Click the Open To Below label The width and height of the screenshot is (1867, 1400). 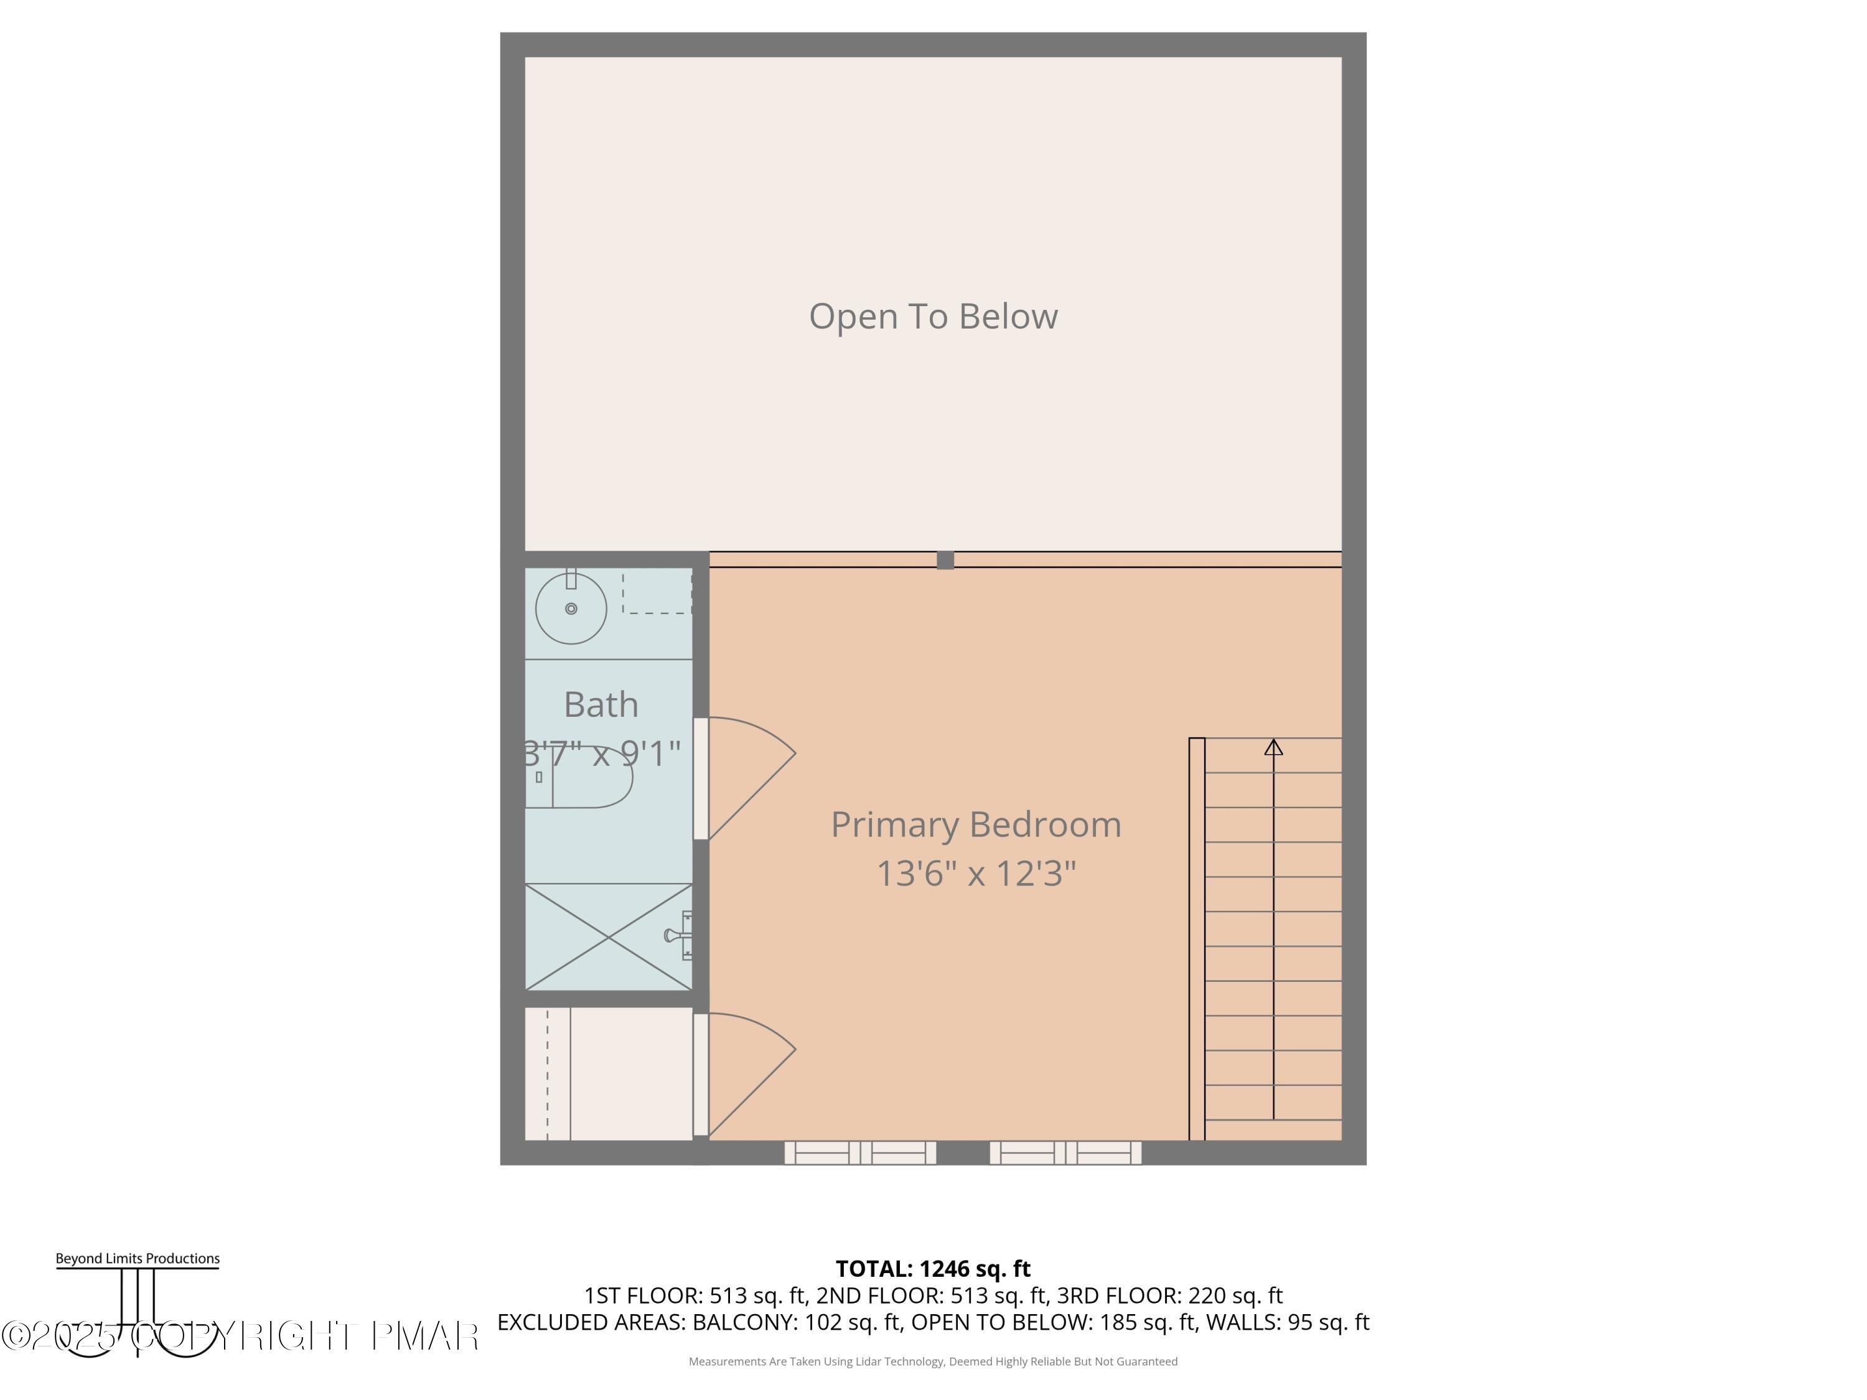[933, 317]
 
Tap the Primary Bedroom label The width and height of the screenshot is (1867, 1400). [976, 824]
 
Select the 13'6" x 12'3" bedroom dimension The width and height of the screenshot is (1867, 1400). [976, 874]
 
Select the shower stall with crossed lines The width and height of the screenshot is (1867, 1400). [607, 936]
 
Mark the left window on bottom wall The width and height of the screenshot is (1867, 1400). [860, 1153]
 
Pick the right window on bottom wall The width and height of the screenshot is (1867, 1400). [1065, 1153]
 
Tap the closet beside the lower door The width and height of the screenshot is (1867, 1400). [607, 1073]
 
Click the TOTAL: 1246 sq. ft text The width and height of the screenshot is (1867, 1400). [933, 1268]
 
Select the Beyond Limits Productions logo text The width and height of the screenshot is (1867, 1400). [138, 1258]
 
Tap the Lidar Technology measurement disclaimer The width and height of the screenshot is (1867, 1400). [933, 1361]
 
